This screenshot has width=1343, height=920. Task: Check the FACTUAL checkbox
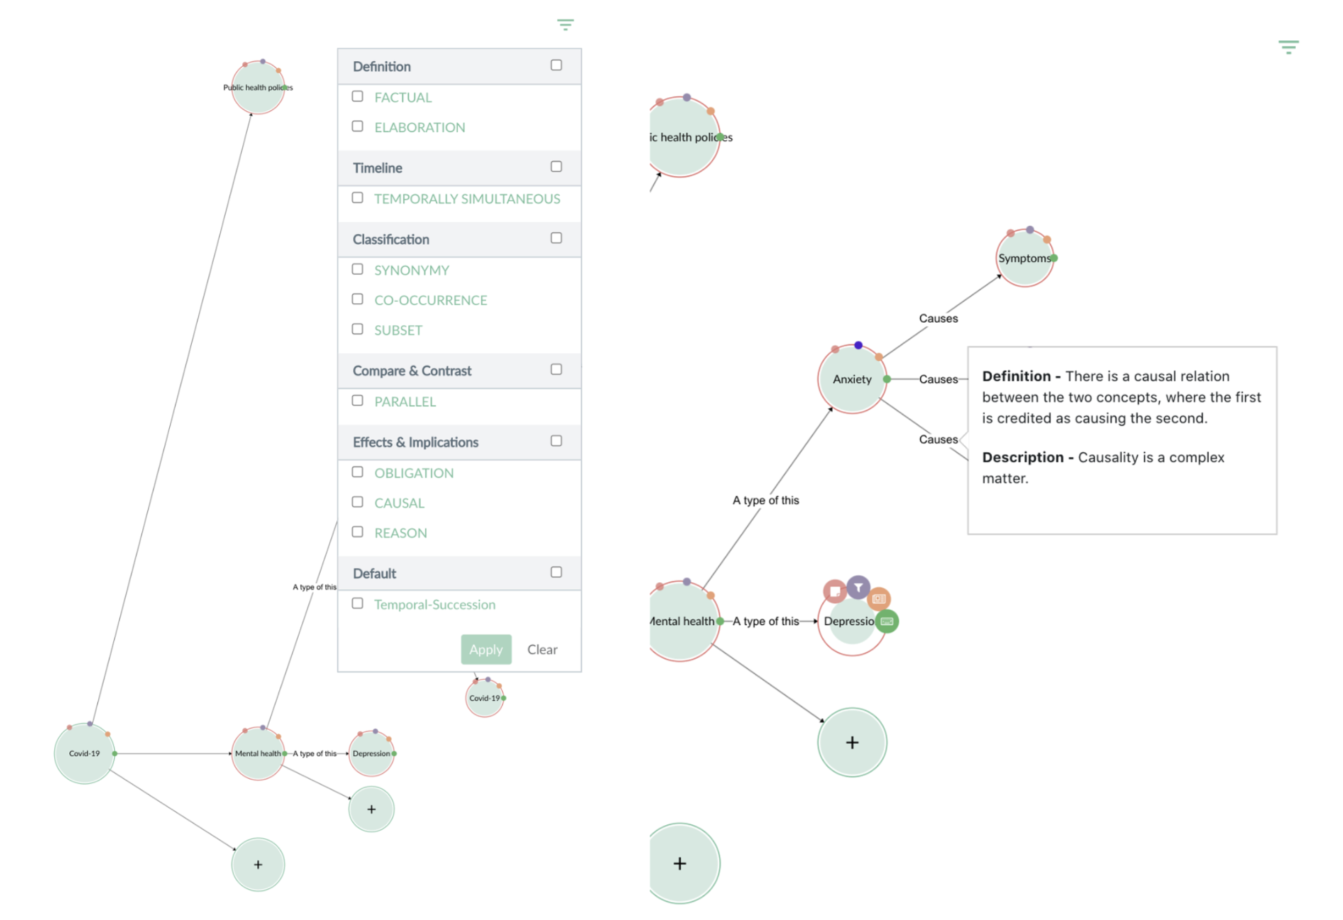(x=358, y=97)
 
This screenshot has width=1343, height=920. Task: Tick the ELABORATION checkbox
(x=358, y=127)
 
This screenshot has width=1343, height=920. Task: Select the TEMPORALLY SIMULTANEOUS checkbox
(x=358, y=198)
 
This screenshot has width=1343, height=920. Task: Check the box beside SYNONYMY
(x=358, y=269)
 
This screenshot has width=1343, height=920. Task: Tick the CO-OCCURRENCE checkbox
(x=358, y=299)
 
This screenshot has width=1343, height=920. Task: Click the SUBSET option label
(x=398, y=330)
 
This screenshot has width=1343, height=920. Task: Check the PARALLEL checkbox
(x=358, y=401)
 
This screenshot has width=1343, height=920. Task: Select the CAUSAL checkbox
(x=358, y=502)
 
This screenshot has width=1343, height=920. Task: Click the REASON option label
(x=400, y=532)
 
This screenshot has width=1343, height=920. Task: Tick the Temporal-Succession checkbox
(x=358, y=604)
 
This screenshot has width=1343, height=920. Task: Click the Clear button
(x=542, y=650)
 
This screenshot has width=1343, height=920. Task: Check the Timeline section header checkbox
(x=556, y=167)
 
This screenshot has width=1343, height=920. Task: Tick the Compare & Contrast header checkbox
(x=556, y=369)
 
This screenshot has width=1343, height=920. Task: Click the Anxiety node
(x=852, y=379)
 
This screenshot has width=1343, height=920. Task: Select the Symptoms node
(x=1024, y=259)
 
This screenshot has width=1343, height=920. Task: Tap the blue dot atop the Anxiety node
(x=858, y=345)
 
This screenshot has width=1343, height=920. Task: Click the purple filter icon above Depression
(x=858, y=588)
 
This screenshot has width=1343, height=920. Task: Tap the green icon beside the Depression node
(x=887, y=622)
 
